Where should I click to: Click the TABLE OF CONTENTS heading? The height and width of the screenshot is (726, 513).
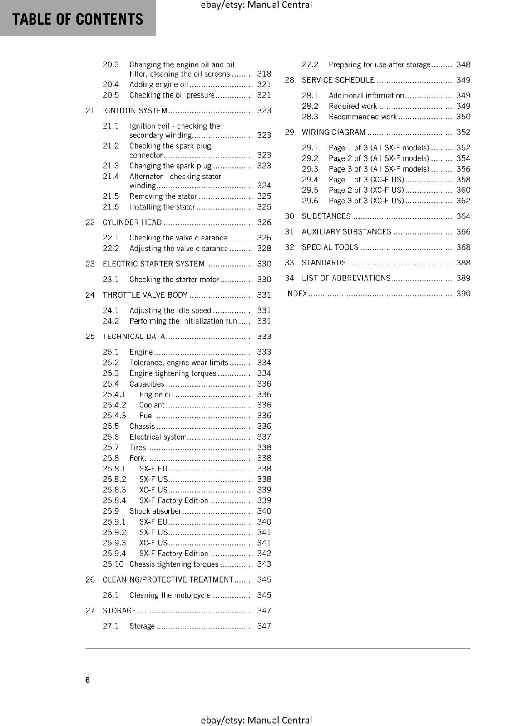coord(77,19)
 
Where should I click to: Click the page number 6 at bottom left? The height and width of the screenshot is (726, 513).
coord(88,680)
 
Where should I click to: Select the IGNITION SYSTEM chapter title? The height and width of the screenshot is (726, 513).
coord(135,110)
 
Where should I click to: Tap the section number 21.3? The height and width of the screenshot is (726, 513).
coord(110,166)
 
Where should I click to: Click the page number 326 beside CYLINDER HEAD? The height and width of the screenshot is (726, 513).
coord(264,222)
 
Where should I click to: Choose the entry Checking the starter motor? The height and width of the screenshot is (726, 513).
coord(174,280)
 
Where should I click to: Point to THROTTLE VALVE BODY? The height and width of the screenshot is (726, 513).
coord(145,295)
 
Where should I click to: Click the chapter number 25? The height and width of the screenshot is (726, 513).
coord(90,336)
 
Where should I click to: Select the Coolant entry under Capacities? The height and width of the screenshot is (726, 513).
coord(152,405)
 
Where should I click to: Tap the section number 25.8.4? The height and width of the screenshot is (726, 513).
coord(114,500)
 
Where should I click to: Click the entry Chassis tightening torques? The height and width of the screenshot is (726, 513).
coord(173,564)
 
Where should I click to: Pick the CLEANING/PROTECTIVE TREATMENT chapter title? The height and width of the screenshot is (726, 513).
coord(168,579)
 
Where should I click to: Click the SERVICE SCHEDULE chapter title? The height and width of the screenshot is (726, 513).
coord(338,80)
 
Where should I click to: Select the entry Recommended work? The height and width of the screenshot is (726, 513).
coord(362,117)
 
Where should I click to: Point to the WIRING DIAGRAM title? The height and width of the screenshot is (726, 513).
coord(333,132)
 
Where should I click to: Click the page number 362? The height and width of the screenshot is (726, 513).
coord(463,201)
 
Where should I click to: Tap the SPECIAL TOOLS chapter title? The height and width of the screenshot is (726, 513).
coord(330,247)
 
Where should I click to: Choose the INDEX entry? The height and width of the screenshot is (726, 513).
coord(296,294)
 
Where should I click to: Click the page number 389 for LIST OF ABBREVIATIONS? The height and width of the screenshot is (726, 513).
coord(463,278)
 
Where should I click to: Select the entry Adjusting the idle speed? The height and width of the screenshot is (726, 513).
coord(170,310)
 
